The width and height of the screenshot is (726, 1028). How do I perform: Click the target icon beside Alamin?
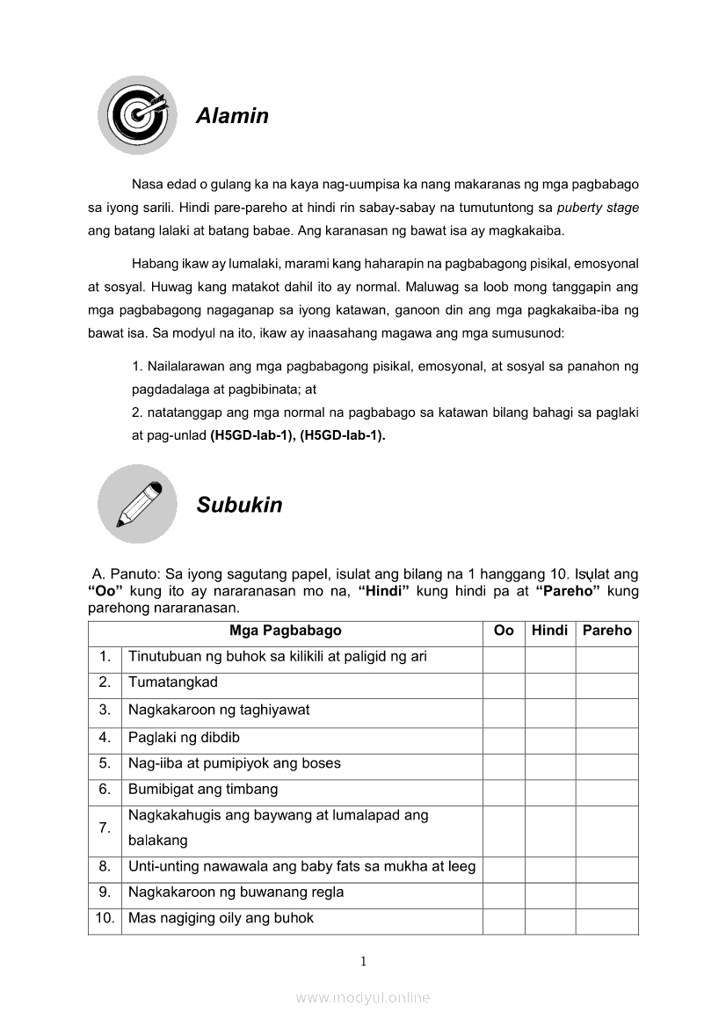(136, 115)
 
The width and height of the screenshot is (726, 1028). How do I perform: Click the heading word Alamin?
(232, 116)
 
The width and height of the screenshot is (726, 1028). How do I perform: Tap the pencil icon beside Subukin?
(137, 504)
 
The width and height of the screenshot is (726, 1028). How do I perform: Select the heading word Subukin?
(239, 505)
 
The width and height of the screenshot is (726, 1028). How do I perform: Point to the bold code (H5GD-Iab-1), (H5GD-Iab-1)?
(298, 434)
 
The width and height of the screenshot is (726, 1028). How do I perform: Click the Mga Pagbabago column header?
(285, 631)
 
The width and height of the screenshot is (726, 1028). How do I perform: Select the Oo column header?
(504, 631)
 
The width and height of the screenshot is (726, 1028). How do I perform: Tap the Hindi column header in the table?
(550, 631)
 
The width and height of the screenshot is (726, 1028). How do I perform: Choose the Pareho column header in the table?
(606, 631)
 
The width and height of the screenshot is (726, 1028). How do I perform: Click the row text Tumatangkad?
(173, 682)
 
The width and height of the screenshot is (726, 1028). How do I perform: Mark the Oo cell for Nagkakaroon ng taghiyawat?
(504, 711)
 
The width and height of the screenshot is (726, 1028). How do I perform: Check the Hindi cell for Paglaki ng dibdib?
(550, 738)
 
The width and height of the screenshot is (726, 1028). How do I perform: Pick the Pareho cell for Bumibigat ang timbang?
(606, 790)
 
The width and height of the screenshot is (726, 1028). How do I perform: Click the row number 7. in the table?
(105, 828)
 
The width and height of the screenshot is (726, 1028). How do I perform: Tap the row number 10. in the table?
(105, 919)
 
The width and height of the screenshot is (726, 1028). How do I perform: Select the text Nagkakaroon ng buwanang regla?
(236, 893)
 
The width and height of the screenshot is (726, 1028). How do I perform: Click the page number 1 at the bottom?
(363, 961)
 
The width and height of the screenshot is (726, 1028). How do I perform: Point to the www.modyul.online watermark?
(363, 998)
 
